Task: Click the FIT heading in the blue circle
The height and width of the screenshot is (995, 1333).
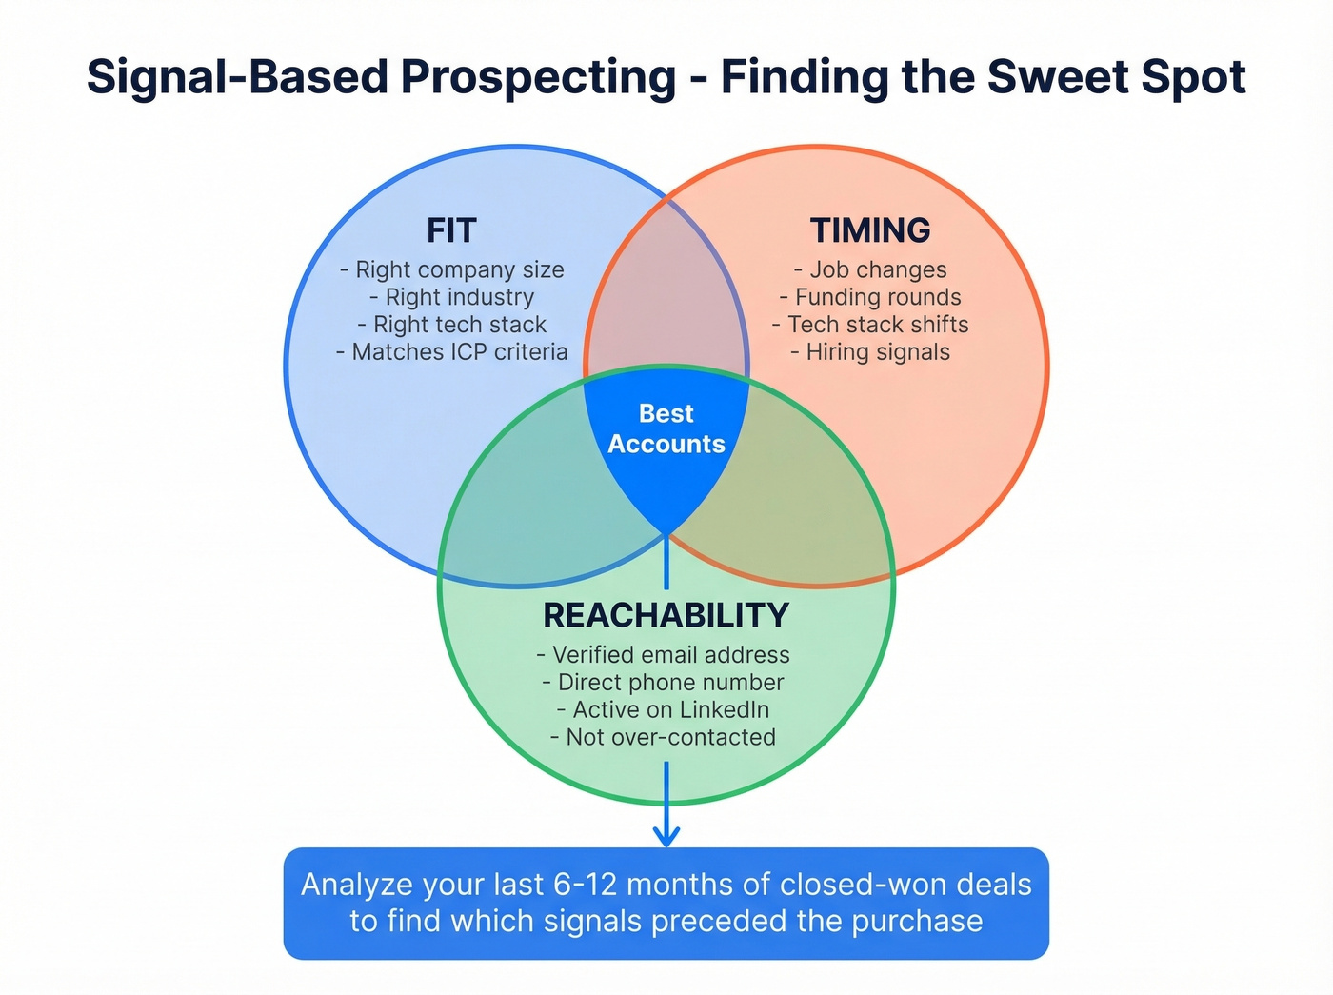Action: [451, 231]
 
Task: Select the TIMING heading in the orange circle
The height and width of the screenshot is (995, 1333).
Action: [870, 231]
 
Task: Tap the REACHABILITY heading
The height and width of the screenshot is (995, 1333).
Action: [666, 616]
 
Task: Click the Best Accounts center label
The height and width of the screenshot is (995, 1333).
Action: [666, 428]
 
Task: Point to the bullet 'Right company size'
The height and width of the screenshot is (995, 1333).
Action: [452, 270]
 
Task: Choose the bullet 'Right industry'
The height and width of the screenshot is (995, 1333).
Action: [452, 298]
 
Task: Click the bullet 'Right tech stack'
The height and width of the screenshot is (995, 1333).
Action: [452, 326]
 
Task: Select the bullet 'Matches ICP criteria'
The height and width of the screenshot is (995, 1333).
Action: [452, 352]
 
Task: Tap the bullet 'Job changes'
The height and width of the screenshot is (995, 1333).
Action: [870, 270]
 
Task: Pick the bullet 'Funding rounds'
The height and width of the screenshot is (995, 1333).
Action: [870, 298]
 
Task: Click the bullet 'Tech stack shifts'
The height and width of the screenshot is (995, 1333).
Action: [870, 326]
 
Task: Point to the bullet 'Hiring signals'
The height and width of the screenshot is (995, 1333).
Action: [870, 352]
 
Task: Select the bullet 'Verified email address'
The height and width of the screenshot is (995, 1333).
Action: [664, 655]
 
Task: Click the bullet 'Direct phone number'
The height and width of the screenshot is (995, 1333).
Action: [664, 683]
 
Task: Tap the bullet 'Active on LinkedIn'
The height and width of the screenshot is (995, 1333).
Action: [664, 710]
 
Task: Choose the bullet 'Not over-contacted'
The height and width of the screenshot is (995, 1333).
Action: [664, 738]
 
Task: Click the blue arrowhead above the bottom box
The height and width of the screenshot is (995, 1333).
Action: [666, 836]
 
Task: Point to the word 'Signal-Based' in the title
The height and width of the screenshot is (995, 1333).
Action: [238, 77]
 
